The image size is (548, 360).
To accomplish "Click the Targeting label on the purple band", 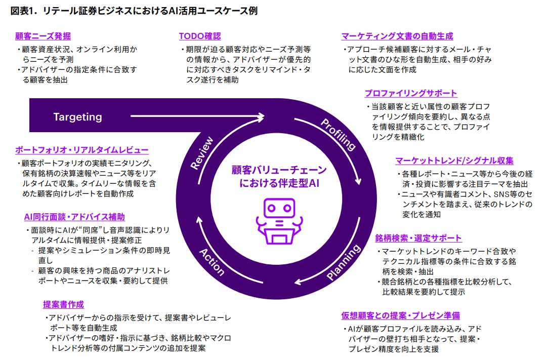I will click(x=77, y=117).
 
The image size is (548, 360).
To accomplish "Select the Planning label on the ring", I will click(x=344, y=262).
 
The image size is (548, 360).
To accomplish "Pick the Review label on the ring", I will click(x=202, y=153).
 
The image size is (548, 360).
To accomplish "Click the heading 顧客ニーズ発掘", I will click(x=43, y=36).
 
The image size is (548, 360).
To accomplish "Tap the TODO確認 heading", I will click(x=199, y=36).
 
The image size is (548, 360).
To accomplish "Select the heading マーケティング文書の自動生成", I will click(x=397, y=36).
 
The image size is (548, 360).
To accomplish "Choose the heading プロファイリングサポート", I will click(x=411, y=93).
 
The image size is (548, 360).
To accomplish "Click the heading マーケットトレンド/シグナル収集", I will click(x=454, y=161).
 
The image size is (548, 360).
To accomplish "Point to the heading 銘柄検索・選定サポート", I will click(x=418, y=238).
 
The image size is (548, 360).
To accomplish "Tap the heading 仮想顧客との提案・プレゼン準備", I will click(x=400, y=315).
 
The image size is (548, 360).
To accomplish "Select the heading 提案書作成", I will click(x=63, y=304).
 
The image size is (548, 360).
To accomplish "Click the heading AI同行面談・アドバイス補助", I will click(x=74, y=217).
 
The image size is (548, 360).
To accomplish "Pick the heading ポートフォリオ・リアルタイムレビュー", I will click(x=81, y=150).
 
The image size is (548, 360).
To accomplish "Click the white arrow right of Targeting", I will click(x=197, y=117).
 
